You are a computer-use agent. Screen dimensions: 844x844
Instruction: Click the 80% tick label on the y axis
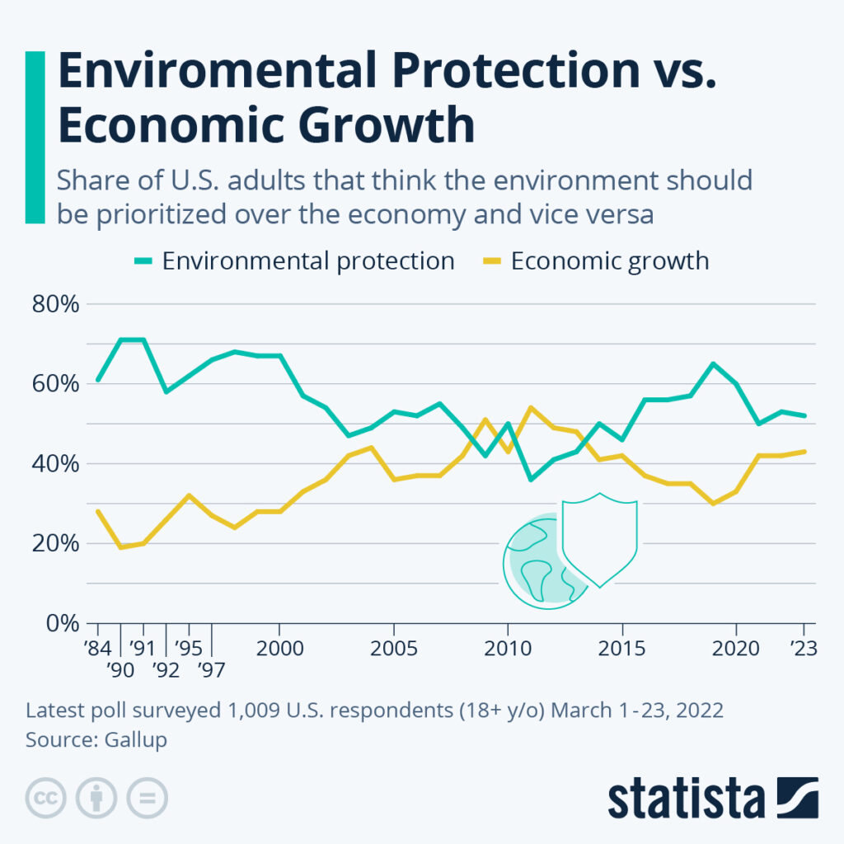coord(56,304)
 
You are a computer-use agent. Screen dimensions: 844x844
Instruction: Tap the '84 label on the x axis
coord(97,648)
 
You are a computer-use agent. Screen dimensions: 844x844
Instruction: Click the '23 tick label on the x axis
coord(802,648)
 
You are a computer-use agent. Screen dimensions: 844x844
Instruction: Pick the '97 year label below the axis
coord(213,670)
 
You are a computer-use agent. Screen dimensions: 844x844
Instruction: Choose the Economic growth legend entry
coord(609,261)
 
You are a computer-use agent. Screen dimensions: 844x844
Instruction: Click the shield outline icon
coord(599,539)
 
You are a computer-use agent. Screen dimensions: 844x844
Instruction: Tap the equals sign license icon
coord(146,798)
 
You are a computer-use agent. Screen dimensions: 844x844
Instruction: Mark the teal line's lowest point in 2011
coord(529,479)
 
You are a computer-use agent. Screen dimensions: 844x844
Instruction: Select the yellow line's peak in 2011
coord(529,407)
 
